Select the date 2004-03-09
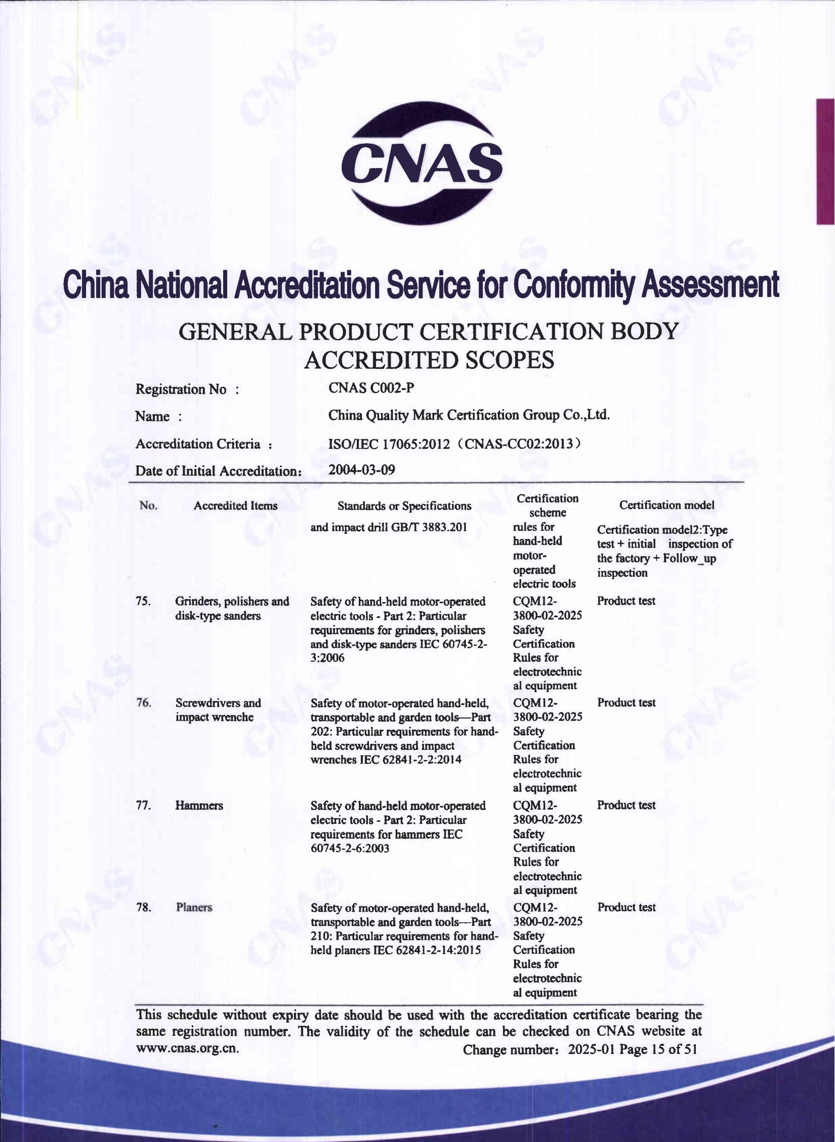pos(361,470)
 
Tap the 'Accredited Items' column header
pos(235,505)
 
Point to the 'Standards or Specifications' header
pos(404,506)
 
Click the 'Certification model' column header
pos(666,505)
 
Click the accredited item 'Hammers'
pos(199,806)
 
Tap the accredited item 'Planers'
pos(194,907)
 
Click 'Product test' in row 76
pos(626,703)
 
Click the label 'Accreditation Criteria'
pos(198,444)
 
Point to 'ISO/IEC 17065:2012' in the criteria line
pos(389,444)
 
